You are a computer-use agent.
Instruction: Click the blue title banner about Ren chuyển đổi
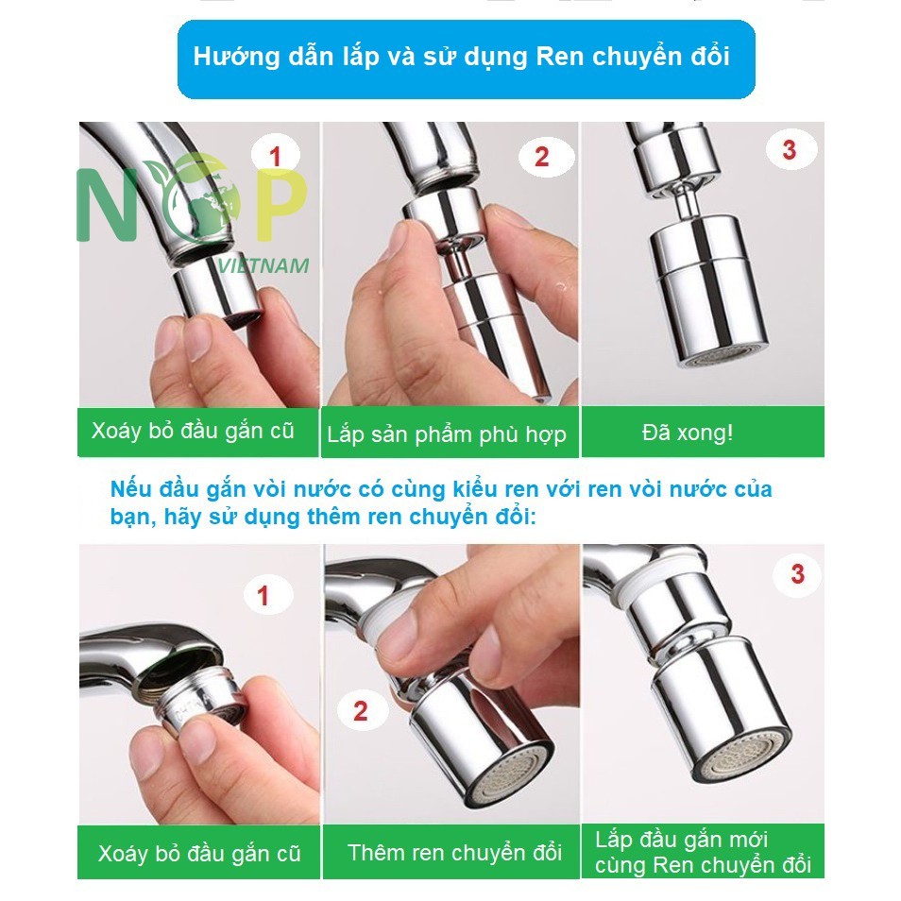click(466, 59)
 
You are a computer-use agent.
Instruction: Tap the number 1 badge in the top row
click(276, 156)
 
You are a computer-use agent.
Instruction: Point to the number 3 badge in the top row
click(790, 150)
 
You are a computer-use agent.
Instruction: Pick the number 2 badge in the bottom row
click(361, 711)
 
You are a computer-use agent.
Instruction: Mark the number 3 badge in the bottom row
click(797, 573)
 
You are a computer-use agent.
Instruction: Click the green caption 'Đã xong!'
click(688, 433)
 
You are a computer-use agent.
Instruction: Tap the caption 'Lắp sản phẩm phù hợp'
click(447, 434)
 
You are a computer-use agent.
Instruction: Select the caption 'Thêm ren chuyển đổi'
click(454, 852)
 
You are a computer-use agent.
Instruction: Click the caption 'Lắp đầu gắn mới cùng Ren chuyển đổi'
click(702, 853)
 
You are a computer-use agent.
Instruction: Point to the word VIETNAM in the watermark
click(263, 265)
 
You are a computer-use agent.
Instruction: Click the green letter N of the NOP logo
click(108, 205)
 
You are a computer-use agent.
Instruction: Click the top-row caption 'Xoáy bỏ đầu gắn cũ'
click(193, 431)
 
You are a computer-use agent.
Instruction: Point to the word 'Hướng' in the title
click(236, 57)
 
